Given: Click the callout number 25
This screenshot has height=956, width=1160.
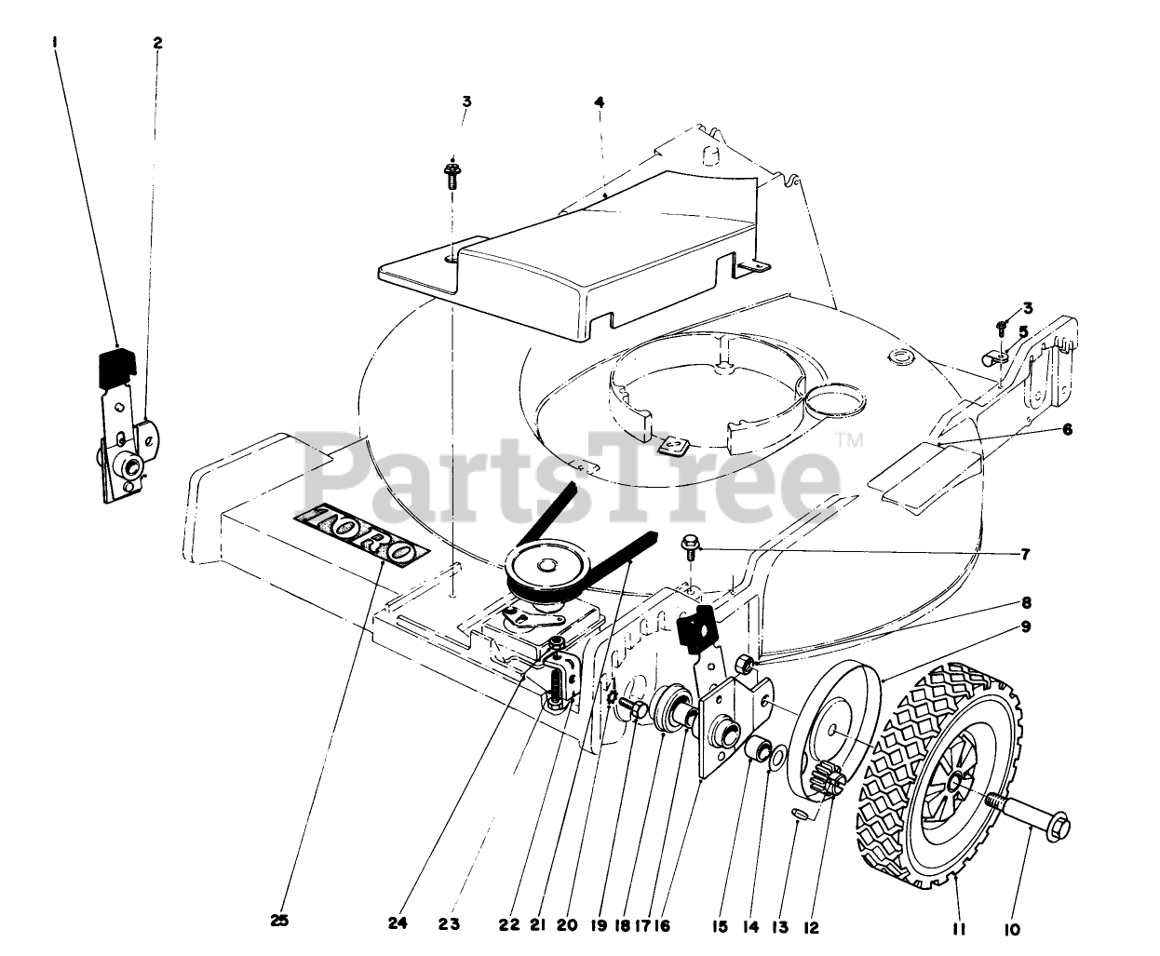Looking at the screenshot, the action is click(x=279, y=921).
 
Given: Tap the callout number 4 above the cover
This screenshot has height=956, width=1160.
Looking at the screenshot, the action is click(x=600, y=102).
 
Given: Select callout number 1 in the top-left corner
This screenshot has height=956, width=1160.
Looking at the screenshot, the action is click(x=56, y=42).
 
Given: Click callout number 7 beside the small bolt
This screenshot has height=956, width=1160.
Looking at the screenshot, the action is click(x=1025, y=555).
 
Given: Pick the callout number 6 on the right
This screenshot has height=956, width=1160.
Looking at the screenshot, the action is click(x=1067, y=429).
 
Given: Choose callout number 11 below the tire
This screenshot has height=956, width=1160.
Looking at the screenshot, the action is click(x=958, y=928).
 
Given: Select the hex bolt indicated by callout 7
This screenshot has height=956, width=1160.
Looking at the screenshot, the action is click(x=691, y=545).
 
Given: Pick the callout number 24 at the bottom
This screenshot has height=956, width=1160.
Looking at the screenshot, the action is click(x=398, y=924).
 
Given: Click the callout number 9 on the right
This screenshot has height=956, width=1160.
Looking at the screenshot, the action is click(x=1025, y=626).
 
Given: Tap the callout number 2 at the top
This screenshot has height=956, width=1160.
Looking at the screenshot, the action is click(x=157, y=43).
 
